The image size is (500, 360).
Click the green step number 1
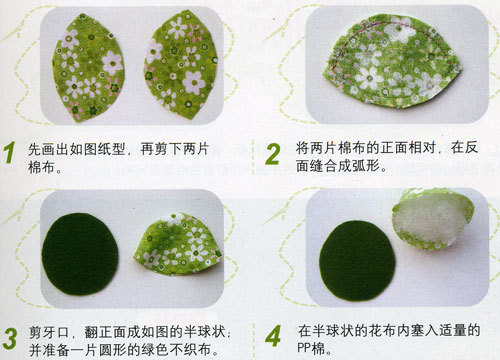point(10,152)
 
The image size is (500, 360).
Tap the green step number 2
point(273,154)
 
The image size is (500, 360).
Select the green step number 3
point(10,338)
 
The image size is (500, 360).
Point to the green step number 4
point(273,336)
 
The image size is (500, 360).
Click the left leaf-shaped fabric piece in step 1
point(88,67)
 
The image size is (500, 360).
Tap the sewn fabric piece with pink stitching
point(392,62)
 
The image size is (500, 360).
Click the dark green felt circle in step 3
point(80,254)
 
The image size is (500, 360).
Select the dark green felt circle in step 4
point(357,261)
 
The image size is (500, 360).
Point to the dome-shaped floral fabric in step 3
point(179,244)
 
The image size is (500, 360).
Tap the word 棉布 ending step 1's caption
point(42,167)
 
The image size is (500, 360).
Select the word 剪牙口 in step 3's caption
point(49,332)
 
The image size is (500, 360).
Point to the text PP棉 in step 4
point(311,348)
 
